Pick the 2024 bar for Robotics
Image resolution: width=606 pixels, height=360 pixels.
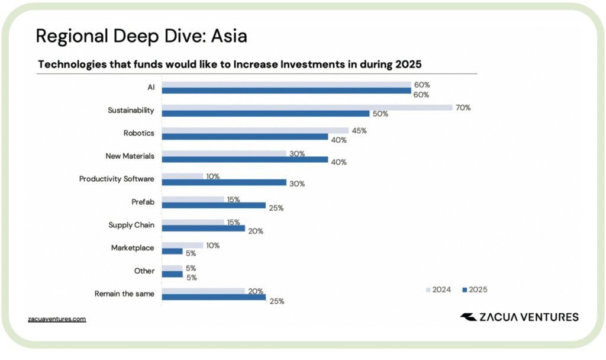[255, 130]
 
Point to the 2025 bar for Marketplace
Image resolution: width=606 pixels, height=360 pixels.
[172, 251]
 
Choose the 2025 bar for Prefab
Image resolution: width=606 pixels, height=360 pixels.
[214, 205]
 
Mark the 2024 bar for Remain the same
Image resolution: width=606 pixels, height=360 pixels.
[203, 291]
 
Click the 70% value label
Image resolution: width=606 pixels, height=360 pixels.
[463, 108]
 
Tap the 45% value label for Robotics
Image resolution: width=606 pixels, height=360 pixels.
[359, 130]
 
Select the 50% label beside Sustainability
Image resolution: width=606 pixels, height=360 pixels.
[380, 114]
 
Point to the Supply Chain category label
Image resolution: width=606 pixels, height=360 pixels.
[131, 225]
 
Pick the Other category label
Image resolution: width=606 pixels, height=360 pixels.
[144, 271]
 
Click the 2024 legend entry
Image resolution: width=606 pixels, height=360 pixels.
[438, 290]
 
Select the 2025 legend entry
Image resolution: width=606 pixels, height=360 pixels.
[475, 290]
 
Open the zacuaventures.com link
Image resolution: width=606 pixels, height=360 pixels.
[57, 319]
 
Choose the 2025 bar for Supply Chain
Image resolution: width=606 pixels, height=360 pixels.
[203, 228]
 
